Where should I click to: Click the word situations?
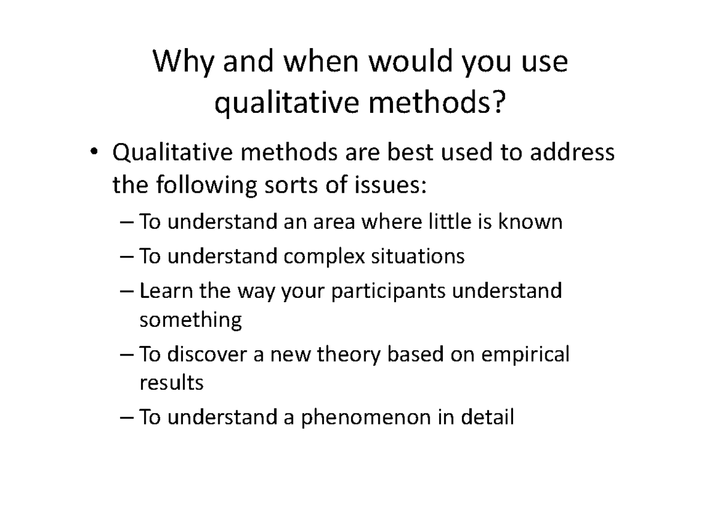pyautogui.click(x=418, y=257)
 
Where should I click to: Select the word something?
pyautogui.click(x=190, y=320)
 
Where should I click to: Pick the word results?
pyautogui.click(x=171, y=383)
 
